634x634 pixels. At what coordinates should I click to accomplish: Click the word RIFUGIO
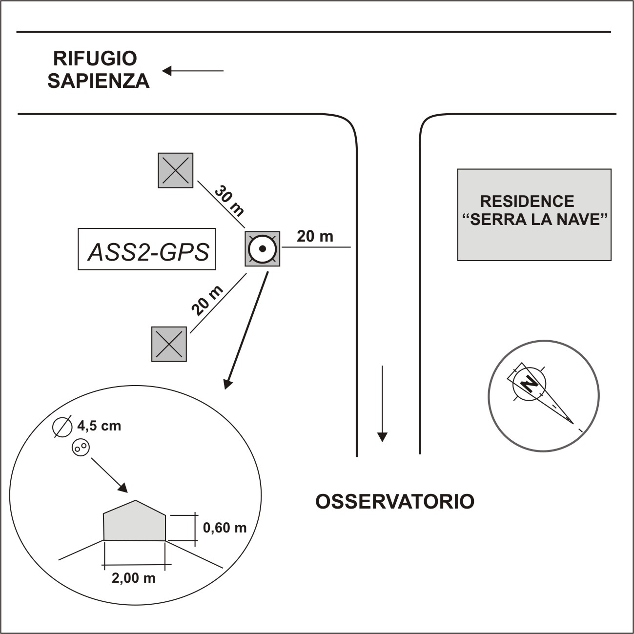click(x=95, y=59)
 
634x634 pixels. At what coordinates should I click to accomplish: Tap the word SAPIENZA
click(x=99, y=81)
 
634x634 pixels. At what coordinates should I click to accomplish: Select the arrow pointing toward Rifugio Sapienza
click(x=193, y=71)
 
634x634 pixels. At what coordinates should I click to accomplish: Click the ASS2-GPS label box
click(x=147, y=249)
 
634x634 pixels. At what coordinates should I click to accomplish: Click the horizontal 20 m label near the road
click(x=315, y=236)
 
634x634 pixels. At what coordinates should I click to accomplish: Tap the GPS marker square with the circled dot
click(x=263, y=249)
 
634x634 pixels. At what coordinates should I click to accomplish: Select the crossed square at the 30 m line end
click(x=176, y=170)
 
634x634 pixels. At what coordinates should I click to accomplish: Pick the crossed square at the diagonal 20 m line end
click(x=169, y=344)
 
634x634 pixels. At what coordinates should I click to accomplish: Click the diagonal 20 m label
click(x=207, y=301)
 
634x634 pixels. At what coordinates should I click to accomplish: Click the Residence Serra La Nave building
click(x=534, y=215)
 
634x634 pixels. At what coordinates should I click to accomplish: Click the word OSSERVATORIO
click(x=395, y=501)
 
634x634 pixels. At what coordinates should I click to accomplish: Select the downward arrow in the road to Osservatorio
click(x=382, y=403)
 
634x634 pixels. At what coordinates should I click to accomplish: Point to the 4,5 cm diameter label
click(x=99, y=426)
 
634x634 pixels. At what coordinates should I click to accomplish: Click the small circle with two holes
click(x=81, y=448)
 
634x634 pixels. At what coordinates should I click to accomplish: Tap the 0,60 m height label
click(x=225, y=528)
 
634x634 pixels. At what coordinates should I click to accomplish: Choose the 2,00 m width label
click(x=134, y=578)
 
